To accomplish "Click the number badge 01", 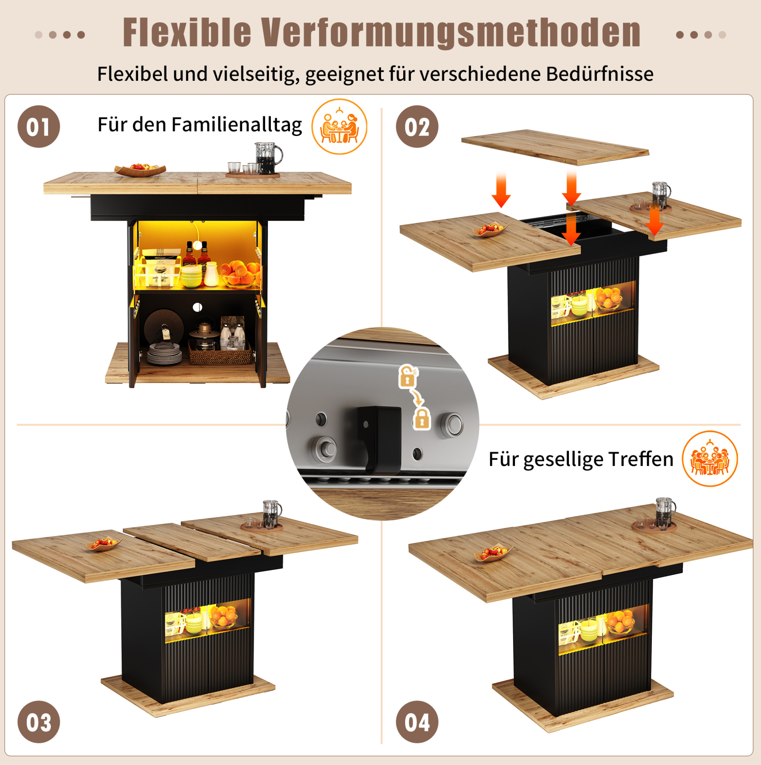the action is point(38,127).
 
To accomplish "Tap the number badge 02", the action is point(417,127).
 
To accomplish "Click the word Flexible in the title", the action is point(187,33).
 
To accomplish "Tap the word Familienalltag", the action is point(237,125).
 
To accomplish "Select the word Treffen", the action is point(641,459).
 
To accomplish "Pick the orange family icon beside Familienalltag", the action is point(339,127).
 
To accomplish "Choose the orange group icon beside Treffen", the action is point(710,459).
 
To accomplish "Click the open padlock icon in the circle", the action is point(408,376).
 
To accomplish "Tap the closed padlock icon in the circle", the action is point(422,419).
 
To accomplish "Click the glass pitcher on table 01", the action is point(268,158).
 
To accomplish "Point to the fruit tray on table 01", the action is point(140,169).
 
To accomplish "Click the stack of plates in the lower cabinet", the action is point(164,354).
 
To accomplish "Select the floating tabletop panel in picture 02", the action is point(555,147).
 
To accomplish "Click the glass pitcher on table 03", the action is point(272,514).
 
